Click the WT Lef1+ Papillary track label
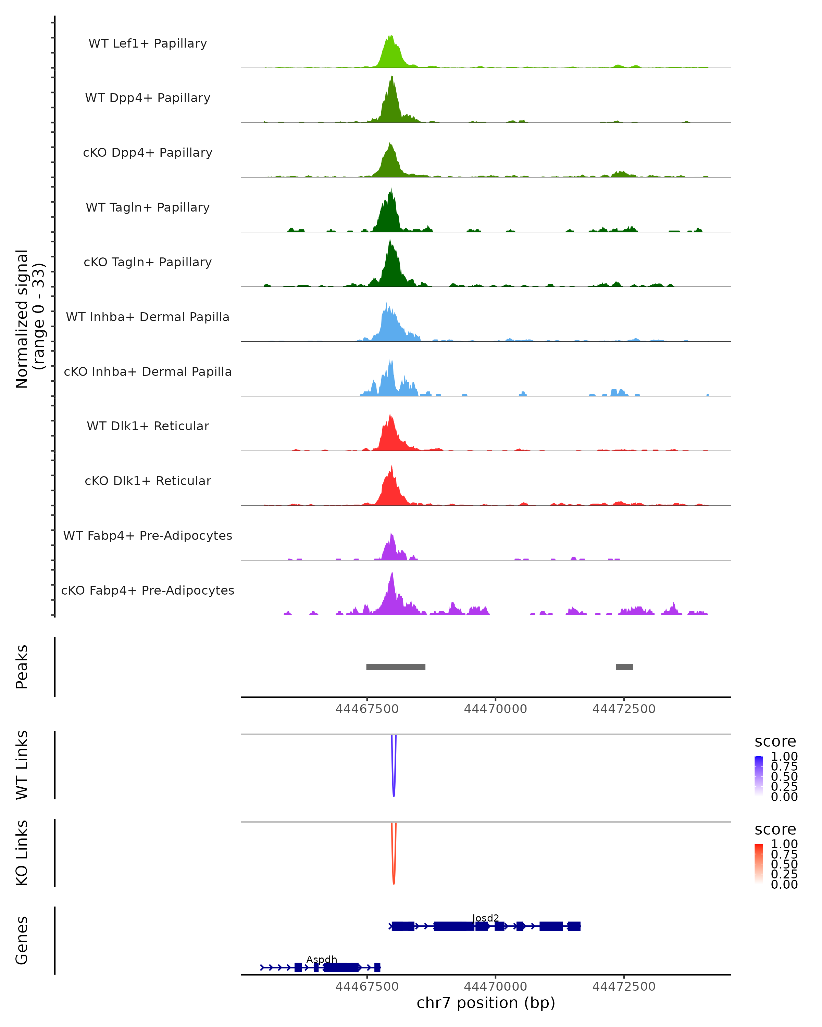(148, 43)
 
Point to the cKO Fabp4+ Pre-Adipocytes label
(148, 590)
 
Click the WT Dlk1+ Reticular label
(148, 426)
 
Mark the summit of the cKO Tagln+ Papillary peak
(390, 240)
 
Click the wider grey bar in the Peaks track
(396, 667)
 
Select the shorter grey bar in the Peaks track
(624, 667)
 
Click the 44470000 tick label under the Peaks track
(496, 709)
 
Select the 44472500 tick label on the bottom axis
(624, 987)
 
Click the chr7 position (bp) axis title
(486, 1003)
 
